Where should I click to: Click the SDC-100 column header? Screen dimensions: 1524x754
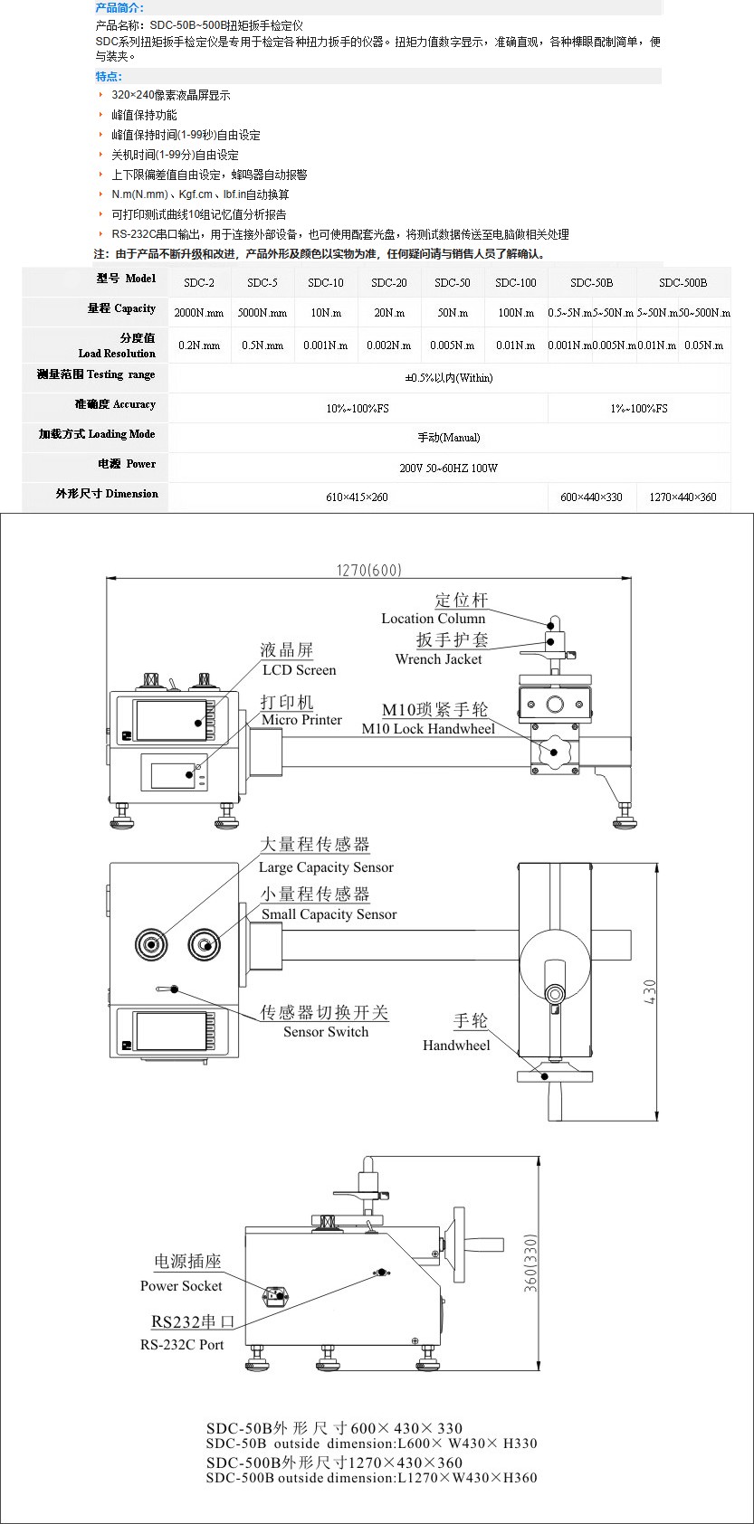(x=515, y=283)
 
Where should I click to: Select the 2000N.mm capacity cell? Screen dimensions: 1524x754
(x=199, y=314)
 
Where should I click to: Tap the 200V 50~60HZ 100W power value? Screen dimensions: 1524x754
(x=448, y=468)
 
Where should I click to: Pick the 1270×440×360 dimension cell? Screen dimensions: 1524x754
(x=682, y=497)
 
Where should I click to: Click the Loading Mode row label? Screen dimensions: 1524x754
(x=96, y=435)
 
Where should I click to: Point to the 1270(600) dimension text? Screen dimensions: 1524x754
(x=368, y=570)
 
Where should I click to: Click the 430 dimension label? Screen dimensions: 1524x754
(x=650, y=992)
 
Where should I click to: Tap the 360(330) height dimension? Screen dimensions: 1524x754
(x=530, y=1264)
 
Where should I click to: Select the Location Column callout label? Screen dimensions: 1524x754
(x=433, y=619)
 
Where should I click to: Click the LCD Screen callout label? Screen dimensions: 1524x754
(x=299, y=670)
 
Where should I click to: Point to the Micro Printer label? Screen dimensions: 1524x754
(x=301, y=720)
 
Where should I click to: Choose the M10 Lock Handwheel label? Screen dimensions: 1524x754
(x=428, y=729)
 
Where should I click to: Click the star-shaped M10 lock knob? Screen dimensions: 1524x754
(x=551, y=751)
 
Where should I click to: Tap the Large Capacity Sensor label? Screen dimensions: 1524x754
(x=326, y=867)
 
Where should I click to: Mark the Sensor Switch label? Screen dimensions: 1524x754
(x=326, y=1032)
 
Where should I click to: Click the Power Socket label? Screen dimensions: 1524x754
(x=181, y=1286)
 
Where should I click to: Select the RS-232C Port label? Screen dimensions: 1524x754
(x=182, y=1345)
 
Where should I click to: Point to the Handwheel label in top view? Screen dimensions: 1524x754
(x=456, y=1046)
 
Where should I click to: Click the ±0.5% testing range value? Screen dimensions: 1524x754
(x=448, y=378)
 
